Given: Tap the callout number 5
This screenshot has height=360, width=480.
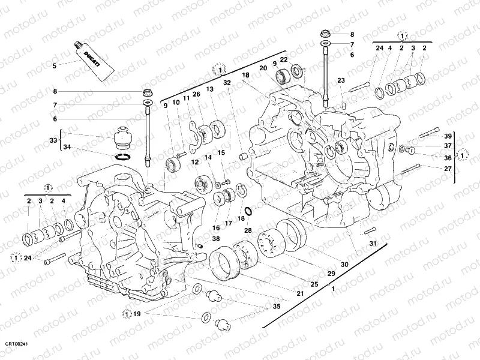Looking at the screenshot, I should tap(55, 65).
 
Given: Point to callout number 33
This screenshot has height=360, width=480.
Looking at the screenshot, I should tap(53, 140).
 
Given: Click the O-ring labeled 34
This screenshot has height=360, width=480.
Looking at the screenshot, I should tap(122, 157).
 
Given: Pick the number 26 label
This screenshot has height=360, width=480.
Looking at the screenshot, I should tap(196, 93).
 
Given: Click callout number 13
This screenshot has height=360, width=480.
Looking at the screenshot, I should tap(209, 89).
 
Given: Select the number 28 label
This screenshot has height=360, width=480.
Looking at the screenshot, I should tap(247, 230).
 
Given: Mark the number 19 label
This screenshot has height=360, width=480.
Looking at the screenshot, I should tap(137, 313).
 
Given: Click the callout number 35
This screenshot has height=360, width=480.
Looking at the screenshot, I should tap(276, 307).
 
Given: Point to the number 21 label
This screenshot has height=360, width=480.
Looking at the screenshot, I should tap(300, 293).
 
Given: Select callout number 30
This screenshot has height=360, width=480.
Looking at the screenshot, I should tap(344, 264).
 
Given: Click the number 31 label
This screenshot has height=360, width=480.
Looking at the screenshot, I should tap(372, 243).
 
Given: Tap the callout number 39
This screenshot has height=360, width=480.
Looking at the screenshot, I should tap(447, 136).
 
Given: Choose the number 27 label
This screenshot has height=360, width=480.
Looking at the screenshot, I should tap(447, 169).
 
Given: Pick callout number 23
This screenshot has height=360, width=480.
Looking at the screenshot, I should tap(340, 80).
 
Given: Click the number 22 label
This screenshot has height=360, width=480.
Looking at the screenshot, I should tap(284, 59).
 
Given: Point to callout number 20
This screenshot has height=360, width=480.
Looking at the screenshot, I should tap(263, 68).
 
